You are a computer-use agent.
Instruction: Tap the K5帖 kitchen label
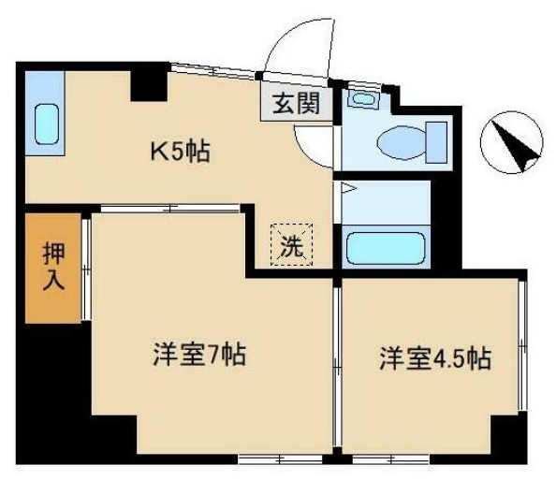pyautogui.click(x=181, y=150)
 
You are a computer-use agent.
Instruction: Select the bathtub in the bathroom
pyautogui.click(x=383, y=249)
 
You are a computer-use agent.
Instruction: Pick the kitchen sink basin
pyautogui.click(x=46, y=123)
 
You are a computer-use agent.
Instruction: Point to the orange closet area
pyautogui.click(x=51, y=269)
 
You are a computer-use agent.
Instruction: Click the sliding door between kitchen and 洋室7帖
pyautogui.click(x=168, y=209)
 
